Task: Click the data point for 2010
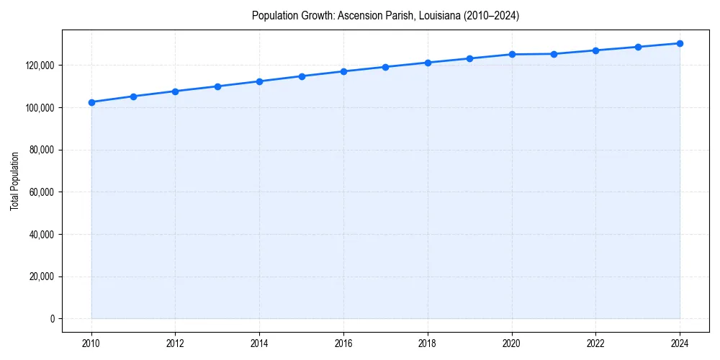[91, 102]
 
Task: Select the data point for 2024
[680, 43]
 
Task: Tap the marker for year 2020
[512, 54]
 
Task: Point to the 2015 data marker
[302, 76]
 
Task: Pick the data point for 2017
[386, 67]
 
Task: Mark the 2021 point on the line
[554, 54]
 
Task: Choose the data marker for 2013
[217, 86]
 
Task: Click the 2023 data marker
[638, 47]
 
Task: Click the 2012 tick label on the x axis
[176, 343]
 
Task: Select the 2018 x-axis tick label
[428, 343]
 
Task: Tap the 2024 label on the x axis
[680, 343]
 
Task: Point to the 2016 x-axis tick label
[343, 343]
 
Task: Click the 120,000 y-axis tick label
[40, 66]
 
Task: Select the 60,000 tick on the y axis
[42, 192]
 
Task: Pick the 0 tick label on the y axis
[53, 319]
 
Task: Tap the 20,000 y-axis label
[42, 276]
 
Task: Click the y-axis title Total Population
[14, 181]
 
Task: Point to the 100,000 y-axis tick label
[40, 108]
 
